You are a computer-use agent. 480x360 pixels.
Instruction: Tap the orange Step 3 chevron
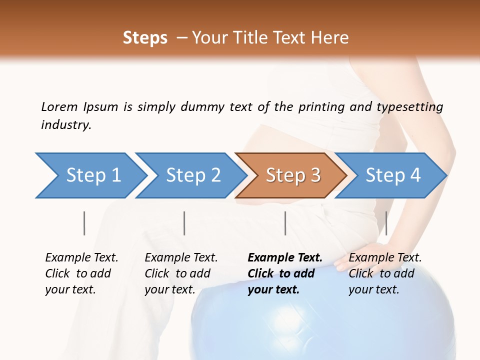291,175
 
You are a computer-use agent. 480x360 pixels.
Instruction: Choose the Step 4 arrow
391,175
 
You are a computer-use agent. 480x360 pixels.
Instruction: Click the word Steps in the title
145,38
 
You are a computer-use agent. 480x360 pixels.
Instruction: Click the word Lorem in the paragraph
59,107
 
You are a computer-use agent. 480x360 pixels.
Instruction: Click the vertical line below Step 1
84,223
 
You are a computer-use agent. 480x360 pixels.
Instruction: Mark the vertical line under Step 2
184,223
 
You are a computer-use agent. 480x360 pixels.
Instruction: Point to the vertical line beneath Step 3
285,223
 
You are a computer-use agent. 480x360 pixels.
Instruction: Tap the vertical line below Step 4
386,223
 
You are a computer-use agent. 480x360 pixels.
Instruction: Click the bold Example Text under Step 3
285,258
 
